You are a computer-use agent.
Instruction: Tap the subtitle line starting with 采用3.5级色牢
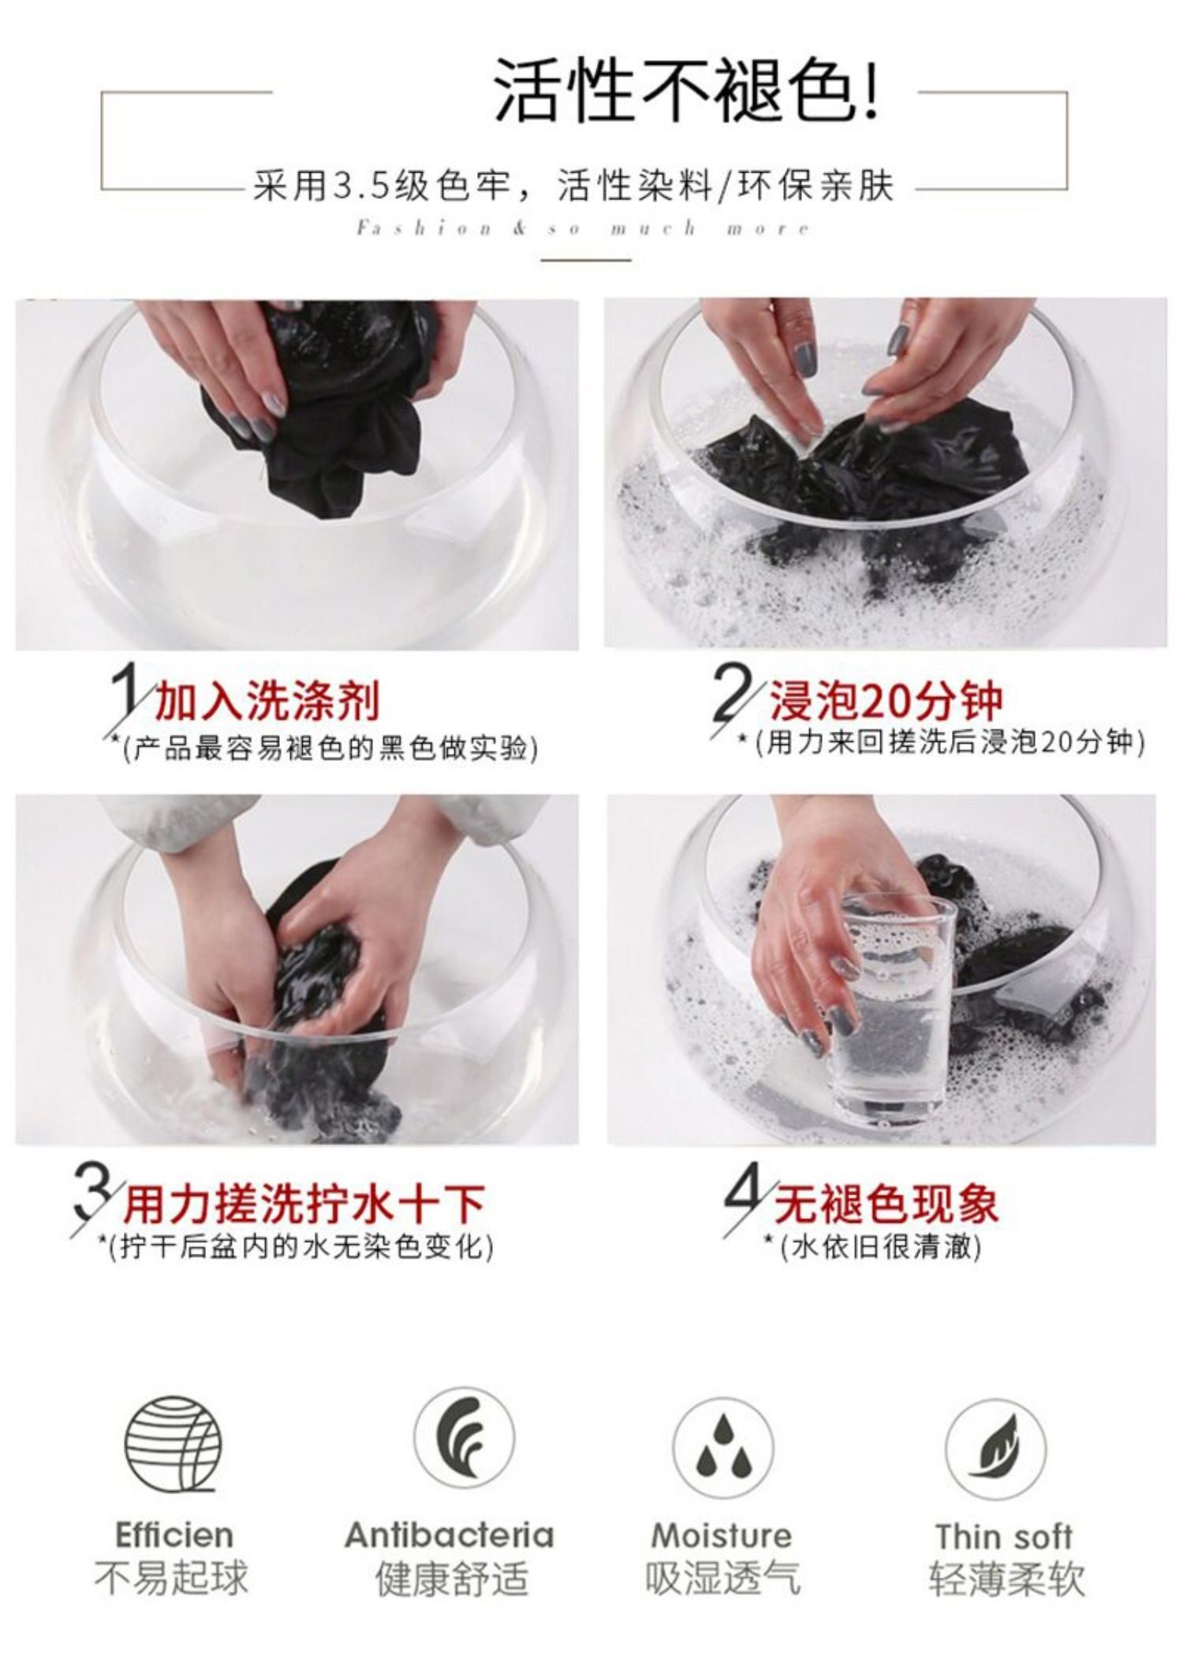click(573, 188)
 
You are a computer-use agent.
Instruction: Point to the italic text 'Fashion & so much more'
click(584, 229)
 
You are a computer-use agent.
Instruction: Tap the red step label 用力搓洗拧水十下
click(304, 1204)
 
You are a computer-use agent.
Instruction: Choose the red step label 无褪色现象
click(886, 1203)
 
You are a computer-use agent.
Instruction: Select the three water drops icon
click(722, 1448)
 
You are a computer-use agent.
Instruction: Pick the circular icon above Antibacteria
click(465, 1438)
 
